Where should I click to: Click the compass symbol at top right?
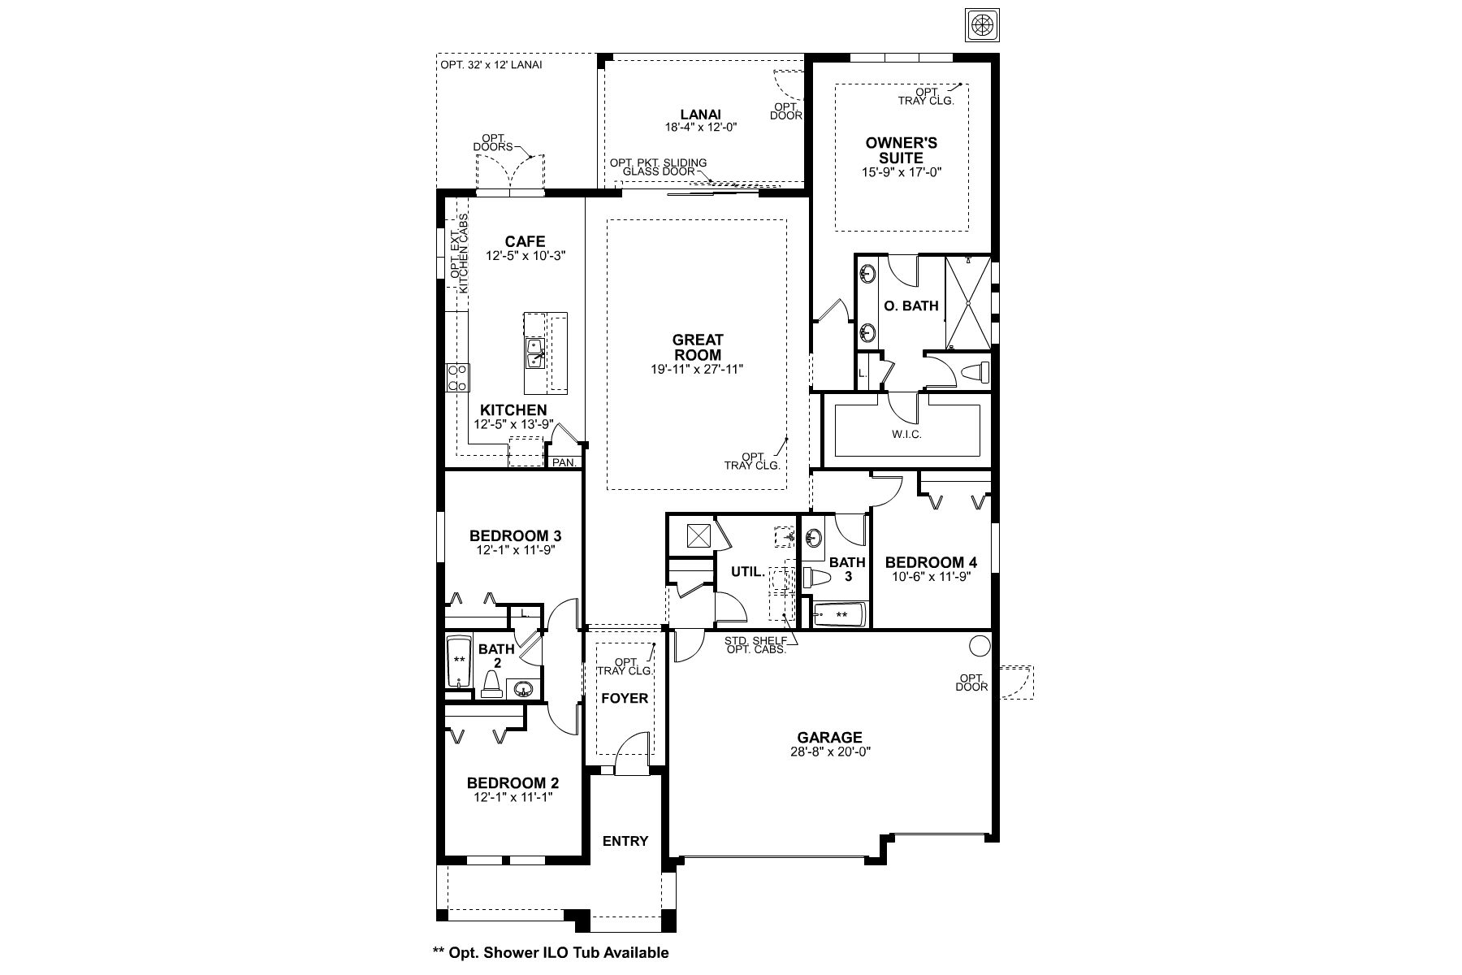tap(981, 24)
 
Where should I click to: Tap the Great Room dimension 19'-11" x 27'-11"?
tap(698, 369)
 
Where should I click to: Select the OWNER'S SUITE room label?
tap(901, 150)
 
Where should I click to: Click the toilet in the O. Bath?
tap(975, 373)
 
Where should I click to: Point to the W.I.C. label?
tap(906, 435)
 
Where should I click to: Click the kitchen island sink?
tap(534, 353)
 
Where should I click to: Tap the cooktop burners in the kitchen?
tap(457, 378)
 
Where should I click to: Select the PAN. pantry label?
tap(564, 462)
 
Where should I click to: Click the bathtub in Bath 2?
tap(460, 661)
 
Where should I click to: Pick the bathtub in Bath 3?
tap(840, 615)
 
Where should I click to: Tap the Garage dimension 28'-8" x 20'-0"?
tap(829, 752)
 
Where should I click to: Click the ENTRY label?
tap(625, 841)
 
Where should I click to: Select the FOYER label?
tap(625, 698)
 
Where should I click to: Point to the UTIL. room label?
tap(747, 572)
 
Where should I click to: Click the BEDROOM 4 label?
tap(931, 562)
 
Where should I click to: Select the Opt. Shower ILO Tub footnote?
tap(551, 952)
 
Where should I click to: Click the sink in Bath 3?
tap(815, 537)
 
